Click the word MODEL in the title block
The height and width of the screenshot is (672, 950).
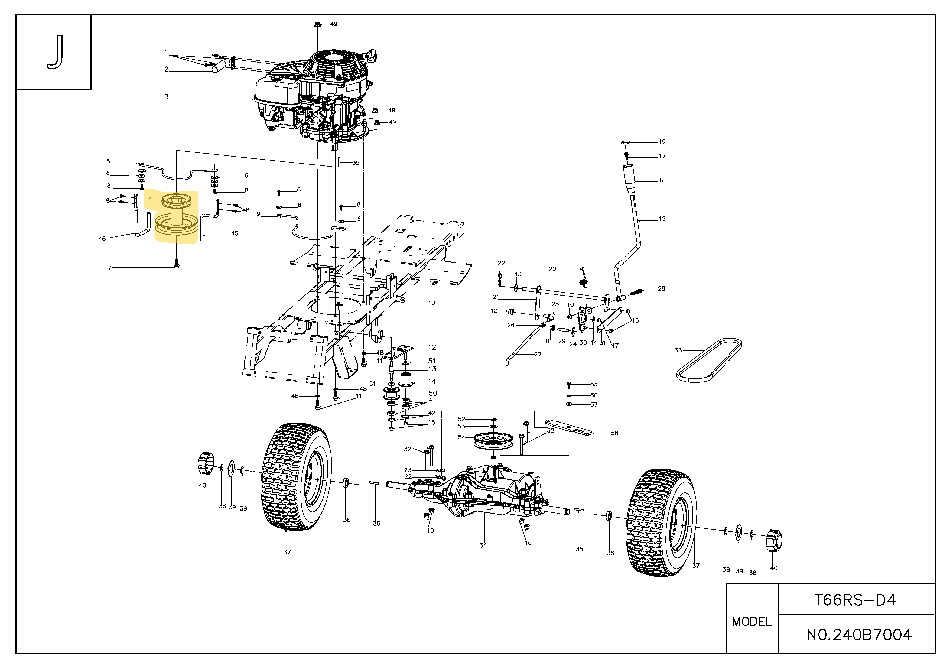752,622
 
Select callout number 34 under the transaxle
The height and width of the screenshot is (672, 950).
483,546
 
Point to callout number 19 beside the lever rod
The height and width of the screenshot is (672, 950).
662,219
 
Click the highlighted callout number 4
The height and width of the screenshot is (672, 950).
150,199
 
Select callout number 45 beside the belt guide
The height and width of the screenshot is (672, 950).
235,233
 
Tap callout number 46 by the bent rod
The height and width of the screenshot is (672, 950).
102,239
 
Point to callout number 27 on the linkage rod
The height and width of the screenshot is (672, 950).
538,354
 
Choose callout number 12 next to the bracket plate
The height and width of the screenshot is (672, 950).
432,347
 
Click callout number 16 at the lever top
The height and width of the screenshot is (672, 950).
662,141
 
